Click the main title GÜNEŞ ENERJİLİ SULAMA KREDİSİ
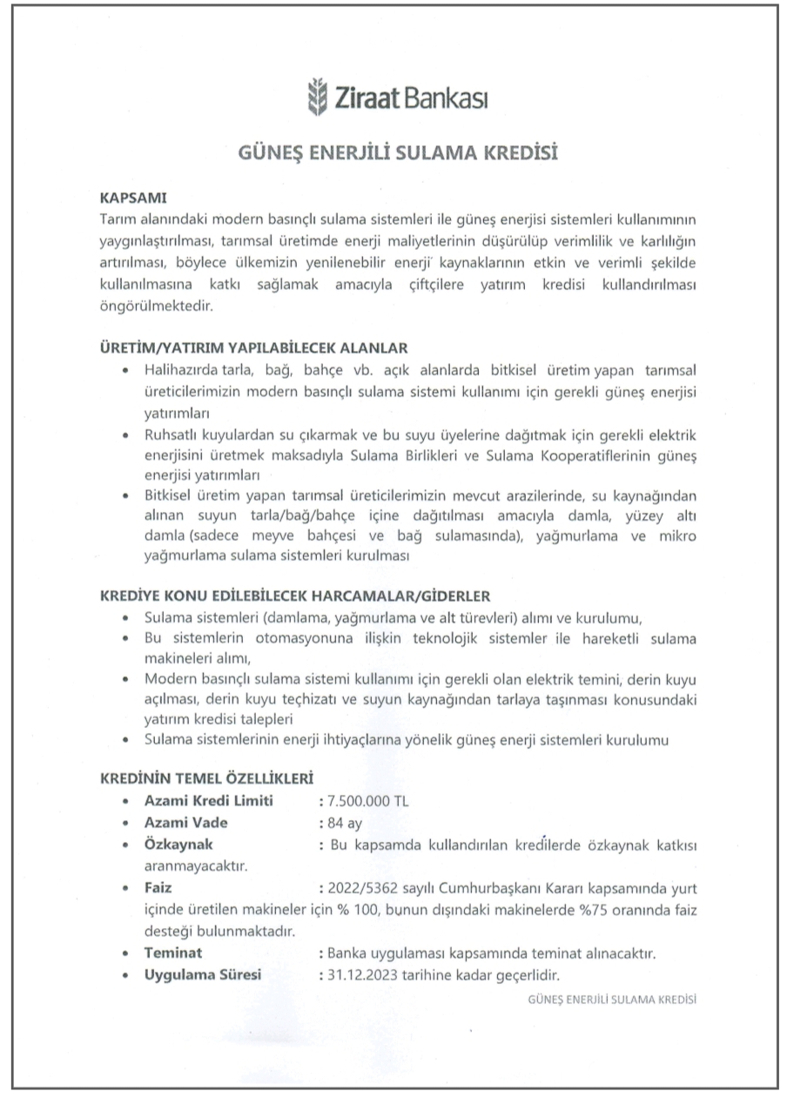pos(397,153)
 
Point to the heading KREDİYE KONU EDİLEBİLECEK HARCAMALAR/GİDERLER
pos(297,596)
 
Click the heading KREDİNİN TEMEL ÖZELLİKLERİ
pos(208,777)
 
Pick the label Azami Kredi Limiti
pos(208,801)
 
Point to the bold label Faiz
pos(158,888)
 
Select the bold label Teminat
pos(173,953)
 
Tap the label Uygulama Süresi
pos(203,974)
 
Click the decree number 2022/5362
pos(356,889)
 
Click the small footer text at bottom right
pos(611,1000)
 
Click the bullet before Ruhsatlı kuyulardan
pos(128,433)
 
